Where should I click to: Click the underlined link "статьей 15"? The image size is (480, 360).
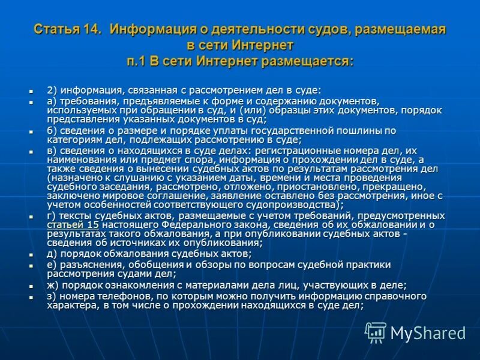(72, 224)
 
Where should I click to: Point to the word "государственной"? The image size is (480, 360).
(294, 130)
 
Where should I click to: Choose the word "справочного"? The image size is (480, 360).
(397, 296)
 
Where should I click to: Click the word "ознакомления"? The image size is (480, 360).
(130, 286)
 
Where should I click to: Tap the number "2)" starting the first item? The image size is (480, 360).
(52, 89)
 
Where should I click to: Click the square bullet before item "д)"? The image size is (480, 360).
(32, 254)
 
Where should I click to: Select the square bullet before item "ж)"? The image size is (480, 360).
(32, 286)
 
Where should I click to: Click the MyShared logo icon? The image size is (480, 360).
(376, 332)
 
